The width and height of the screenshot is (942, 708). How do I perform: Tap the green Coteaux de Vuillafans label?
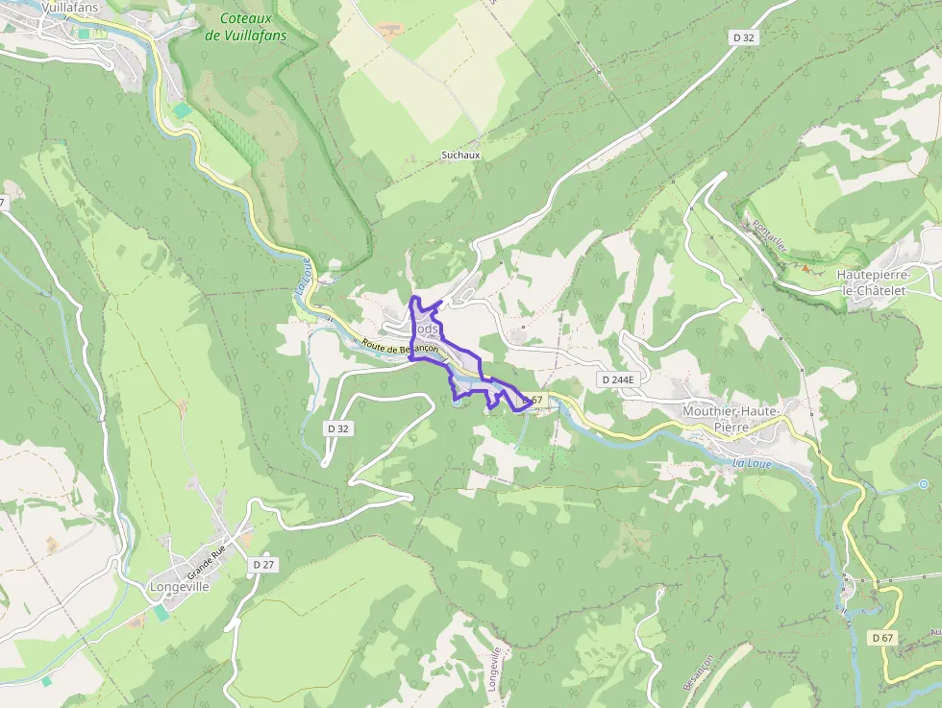(x=246, y=27)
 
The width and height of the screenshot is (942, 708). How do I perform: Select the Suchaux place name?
(x=460, y=155)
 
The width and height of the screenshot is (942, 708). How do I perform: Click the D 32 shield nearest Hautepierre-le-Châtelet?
(x=743, y=37)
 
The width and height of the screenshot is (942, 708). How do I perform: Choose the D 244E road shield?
(x=617, y=379)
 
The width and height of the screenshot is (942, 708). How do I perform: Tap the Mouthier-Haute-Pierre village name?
(x=731, y=418)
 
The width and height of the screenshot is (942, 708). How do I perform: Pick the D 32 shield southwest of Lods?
(x=337, y=428)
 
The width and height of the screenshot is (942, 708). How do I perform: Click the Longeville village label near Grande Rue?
(x=180, y=586)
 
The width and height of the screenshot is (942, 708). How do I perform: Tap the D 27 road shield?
(x=261, y=565)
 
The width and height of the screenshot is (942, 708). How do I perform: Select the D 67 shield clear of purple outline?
(x=881, y=638)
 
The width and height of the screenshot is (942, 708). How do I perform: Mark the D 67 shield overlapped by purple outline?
(x=532, y=400)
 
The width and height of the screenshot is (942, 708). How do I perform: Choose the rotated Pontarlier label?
(x=770, y=235)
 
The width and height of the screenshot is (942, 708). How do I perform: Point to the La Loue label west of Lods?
(x=304, y=282)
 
